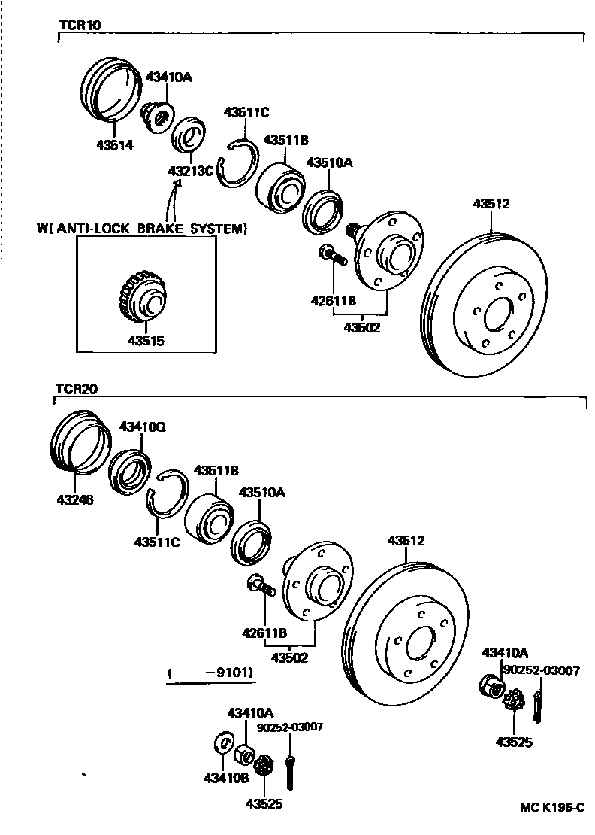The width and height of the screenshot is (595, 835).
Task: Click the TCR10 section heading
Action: pos(80,24)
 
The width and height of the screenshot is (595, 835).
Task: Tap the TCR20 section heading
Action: pos(77,390)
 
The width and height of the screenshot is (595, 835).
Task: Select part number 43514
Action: pos(114,144)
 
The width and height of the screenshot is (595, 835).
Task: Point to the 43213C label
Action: pos(190,171)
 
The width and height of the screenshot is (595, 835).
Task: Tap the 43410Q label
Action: pos(143,427)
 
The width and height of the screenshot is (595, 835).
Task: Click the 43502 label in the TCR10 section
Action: pos(362,327)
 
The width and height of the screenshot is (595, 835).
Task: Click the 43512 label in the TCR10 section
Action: pos(491,203)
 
